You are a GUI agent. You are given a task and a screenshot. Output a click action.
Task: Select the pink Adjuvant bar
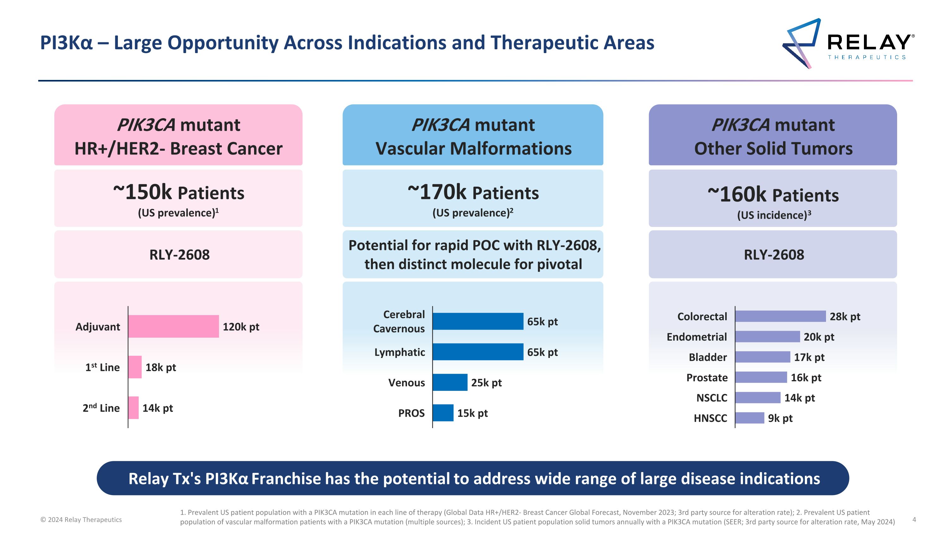[x=173, y=326]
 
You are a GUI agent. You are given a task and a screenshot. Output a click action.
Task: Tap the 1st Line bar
[x=135, y=367]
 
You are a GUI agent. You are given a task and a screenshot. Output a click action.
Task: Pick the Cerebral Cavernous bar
[x=478, y=321]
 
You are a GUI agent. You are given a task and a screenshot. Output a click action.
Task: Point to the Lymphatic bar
[x=478, y=352]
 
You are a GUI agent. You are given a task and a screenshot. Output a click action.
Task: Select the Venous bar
[x=450, y=382]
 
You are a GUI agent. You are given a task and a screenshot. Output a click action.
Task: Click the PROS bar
[x=443, y=413]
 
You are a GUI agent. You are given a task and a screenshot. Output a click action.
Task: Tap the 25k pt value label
[x=486, y=383]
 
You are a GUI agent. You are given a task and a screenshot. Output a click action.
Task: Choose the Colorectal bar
[x=780, y=316]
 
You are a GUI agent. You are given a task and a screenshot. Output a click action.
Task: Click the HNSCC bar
[x=749, y=418]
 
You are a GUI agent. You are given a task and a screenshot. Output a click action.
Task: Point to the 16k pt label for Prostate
[x=805, y=378]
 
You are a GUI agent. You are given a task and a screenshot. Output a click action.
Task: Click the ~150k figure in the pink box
[x=143, y=192]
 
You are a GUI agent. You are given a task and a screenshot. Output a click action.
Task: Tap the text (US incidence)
[x=774, y=215]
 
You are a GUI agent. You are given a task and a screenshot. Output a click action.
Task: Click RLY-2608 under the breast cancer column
[x=179, y=255]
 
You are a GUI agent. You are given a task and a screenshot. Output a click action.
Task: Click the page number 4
[x=914, y=519]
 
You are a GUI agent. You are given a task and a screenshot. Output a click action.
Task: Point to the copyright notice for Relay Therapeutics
[x=81, y=519]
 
